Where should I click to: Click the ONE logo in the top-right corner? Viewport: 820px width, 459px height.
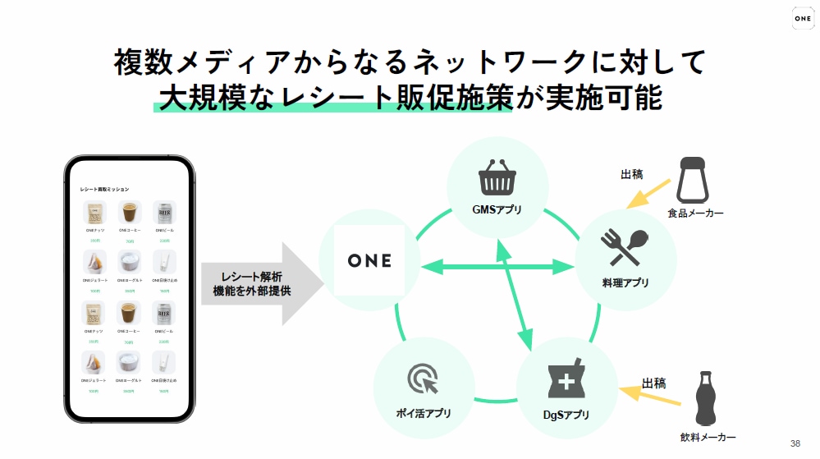803,19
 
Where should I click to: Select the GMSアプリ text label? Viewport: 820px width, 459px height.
497,209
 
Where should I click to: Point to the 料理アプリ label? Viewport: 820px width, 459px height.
625,282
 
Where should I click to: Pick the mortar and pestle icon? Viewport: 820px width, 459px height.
566,377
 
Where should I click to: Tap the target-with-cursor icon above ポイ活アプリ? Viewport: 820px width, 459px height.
424,380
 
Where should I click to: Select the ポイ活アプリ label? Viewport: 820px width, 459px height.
424,413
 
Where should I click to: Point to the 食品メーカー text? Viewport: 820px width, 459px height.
695,214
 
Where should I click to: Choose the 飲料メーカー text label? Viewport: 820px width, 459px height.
708,438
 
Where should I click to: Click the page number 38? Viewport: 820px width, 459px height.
795,443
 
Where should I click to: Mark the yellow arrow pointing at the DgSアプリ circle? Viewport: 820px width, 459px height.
653,397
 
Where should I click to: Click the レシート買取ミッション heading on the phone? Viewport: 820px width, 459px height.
104,189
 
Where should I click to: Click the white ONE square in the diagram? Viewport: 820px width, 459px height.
369,260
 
